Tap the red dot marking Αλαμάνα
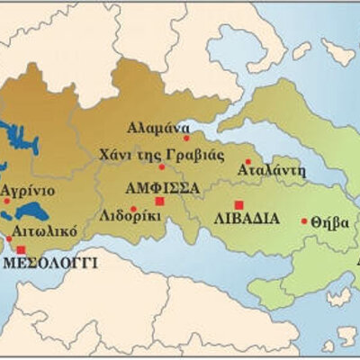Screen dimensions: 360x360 (186, 138)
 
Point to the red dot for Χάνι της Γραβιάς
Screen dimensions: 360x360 (162, 166)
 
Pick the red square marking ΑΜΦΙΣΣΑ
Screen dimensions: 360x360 (160, 202)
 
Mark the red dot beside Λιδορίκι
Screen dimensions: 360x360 (133, 211)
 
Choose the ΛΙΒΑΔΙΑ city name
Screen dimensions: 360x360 (247, 218)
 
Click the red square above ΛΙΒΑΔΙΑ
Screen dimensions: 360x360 (238, 204)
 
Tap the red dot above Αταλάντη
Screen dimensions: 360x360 (247, 162)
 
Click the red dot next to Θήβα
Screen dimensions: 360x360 (304, 220)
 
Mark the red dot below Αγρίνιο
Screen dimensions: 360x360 (6, 201)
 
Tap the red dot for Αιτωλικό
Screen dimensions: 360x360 (10, 238)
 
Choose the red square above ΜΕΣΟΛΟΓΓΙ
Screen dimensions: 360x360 (21, 249)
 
